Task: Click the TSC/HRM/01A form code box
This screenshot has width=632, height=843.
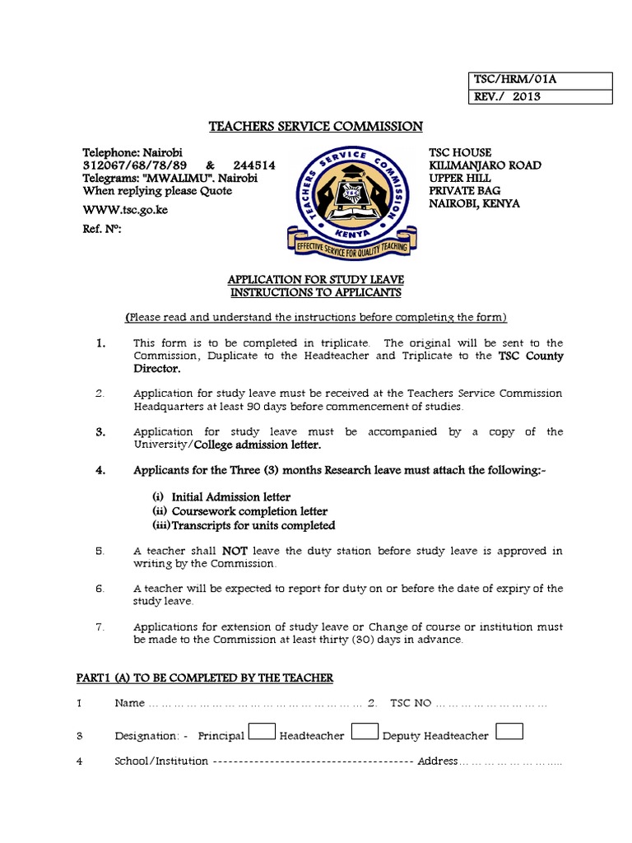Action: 539,81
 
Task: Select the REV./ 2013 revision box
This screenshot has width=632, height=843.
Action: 539,96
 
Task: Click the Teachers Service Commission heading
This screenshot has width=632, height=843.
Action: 316,126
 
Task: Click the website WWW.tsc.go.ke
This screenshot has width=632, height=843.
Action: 124,210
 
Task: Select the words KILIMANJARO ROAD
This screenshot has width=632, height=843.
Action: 485,165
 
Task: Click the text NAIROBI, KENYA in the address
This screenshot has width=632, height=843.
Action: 474,203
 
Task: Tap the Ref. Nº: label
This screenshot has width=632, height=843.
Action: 101,230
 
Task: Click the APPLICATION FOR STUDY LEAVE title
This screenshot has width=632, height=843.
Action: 315,280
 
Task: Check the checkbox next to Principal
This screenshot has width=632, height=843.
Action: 262,731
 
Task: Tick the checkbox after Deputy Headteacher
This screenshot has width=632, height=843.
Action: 510,731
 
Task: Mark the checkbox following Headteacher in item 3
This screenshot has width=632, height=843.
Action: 365,731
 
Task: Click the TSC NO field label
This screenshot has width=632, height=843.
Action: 410,704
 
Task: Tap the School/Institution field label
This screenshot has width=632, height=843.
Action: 161,761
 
